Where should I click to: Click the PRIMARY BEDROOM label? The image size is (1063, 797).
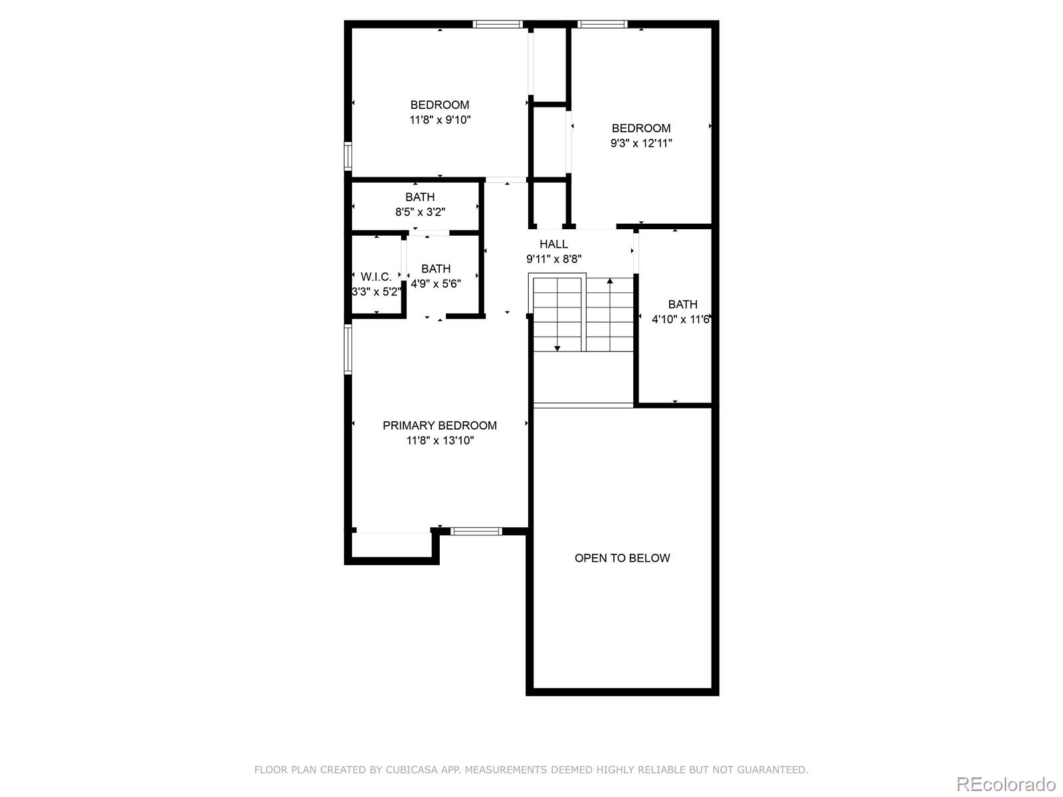point(439,425)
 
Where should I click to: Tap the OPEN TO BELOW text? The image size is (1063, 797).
point(623,558)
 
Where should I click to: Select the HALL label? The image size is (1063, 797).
point(553,244)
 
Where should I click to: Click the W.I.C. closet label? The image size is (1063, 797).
point(376,277)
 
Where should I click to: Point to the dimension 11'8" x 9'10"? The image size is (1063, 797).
point(440,120)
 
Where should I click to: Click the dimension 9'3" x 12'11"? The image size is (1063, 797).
point(641,143)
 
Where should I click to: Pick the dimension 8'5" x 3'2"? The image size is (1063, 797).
point(420,211)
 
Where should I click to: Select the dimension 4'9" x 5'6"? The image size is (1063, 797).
point(436,283)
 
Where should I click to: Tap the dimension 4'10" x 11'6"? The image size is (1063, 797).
point(681,319)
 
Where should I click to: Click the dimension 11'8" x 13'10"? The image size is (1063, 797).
point(440,440)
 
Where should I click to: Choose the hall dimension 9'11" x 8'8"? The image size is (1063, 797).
point(553,259)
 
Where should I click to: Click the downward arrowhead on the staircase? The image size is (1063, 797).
point(557,348)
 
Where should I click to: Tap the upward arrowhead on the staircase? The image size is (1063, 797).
point(610,281)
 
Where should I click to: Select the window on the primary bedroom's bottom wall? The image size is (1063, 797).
point(476,531)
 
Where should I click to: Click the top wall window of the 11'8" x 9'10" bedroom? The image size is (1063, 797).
point(498,24)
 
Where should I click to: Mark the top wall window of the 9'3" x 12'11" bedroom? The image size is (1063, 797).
point(603,24)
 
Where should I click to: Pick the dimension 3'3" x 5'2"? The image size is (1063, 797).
point(376,292)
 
